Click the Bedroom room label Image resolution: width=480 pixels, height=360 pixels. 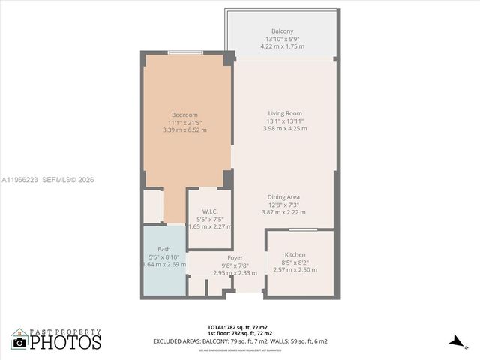(x=184, y=115)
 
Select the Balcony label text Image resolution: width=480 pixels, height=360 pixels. (x=283, y=31)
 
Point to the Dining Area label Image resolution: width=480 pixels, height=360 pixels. (x=284, y=197)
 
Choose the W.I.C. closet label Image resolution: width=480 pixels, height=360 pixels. (x=199, y=211)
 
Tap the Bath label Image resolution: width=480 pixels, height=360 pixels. (x=163, y=249)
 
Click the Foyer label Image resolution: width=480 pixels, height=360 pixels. (x=235, y=258)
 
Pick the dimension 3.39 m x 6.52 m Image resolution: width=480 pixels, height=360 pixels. (x=184, y=130)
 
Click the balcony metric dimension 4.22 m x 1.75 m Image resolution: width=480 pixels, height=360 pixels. (x=283, y=46)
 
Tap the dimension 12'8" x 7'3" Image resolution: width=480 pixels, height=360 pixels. (x=284, y=205)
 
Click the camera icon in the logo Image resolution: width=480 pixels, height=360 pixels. (x=20, y=342)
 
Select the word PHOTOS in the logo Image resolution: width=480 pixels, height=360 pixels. (x=65, y=342)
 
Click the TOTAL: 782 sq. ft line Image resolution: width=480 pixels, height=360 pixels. (x=240, y=328)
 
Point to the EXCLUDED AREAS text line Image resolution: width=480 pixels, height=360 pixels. (x=240, y=341)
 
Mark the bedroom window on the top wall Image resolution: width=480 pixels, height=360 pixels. (x=184, y=52)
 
